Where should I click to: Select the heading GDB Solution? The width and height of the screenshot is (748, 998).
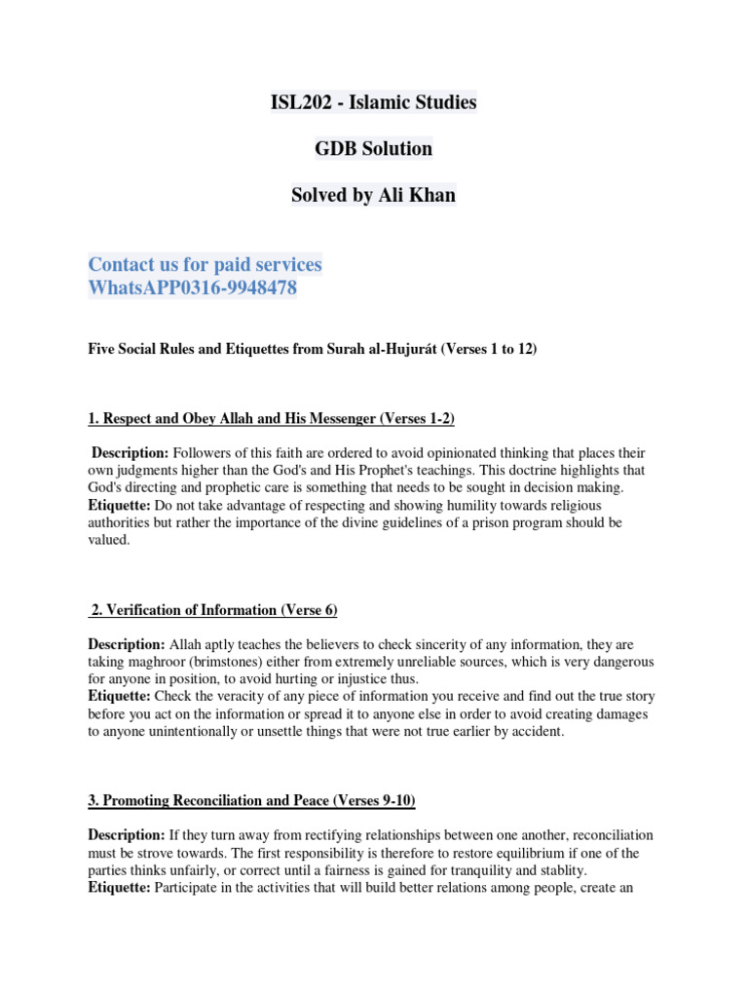373,148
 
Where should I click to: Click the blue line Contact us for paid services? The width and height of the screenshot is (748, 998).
205,264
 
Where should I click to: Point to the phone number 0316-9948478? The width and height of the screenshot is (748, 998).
239,288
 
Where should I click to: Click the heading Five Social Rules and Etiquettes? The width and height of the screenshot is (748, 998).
312,349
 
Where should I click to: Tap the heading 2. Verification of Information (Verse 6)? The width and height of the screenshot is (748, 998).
213,610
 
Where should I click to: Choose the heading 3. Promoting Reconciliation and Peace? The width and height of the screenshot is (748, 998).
252,800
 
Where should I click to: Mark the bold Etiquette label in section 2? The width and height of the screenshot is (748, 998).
120,696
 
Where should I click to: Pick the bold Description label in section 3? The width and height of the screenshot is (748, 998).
127,835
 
